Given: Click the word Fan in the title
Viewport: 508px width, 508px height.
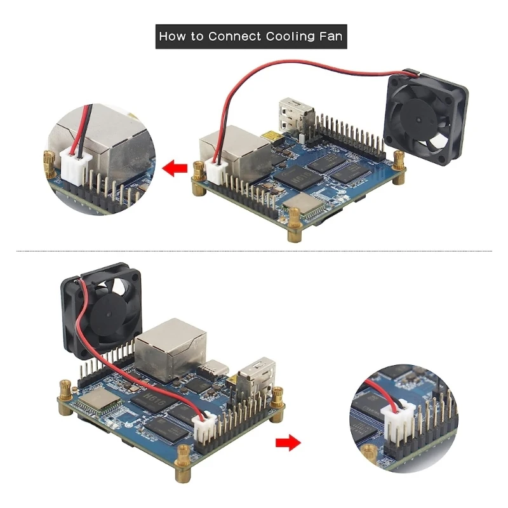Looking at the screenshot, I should point(330,36).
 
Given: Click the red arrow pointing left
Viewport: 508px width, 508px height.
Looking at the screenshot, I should point(175,169).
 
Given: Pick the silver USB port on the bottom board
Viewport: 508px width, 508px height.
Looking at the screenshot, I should point(256,380).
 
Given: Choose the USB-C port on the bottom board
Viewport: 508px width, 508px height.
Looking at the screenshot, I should point(209,371).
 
